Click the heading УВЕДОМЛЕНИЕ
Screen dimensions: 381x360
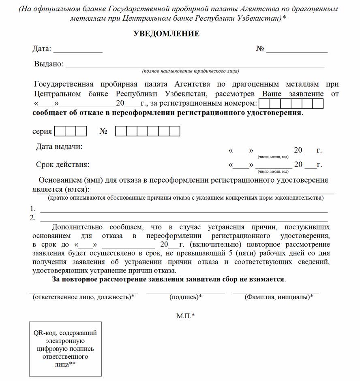point(166,34)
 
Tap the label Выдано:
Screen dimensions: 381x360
point(49,64)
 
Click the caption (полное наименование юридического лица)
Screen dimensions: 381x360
point(190,71)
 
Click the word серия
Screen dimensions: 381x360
point(42,132)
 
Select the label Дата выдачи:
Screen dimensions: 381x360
point(59,147)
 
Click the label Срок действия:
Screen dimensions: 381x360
point(63,165)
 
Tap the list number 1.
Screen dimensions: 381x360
point(33,209)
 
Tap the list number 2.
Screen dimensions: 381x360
point(33,218)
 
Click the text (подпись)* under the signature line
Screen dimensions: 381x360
point(186,297)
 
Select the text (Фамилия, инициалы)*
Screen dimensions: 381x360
point(279,297)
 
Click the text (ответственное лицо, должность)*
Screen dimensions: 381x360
point(83,297)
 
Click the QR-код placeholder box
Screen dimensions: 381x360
point(65,348)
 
